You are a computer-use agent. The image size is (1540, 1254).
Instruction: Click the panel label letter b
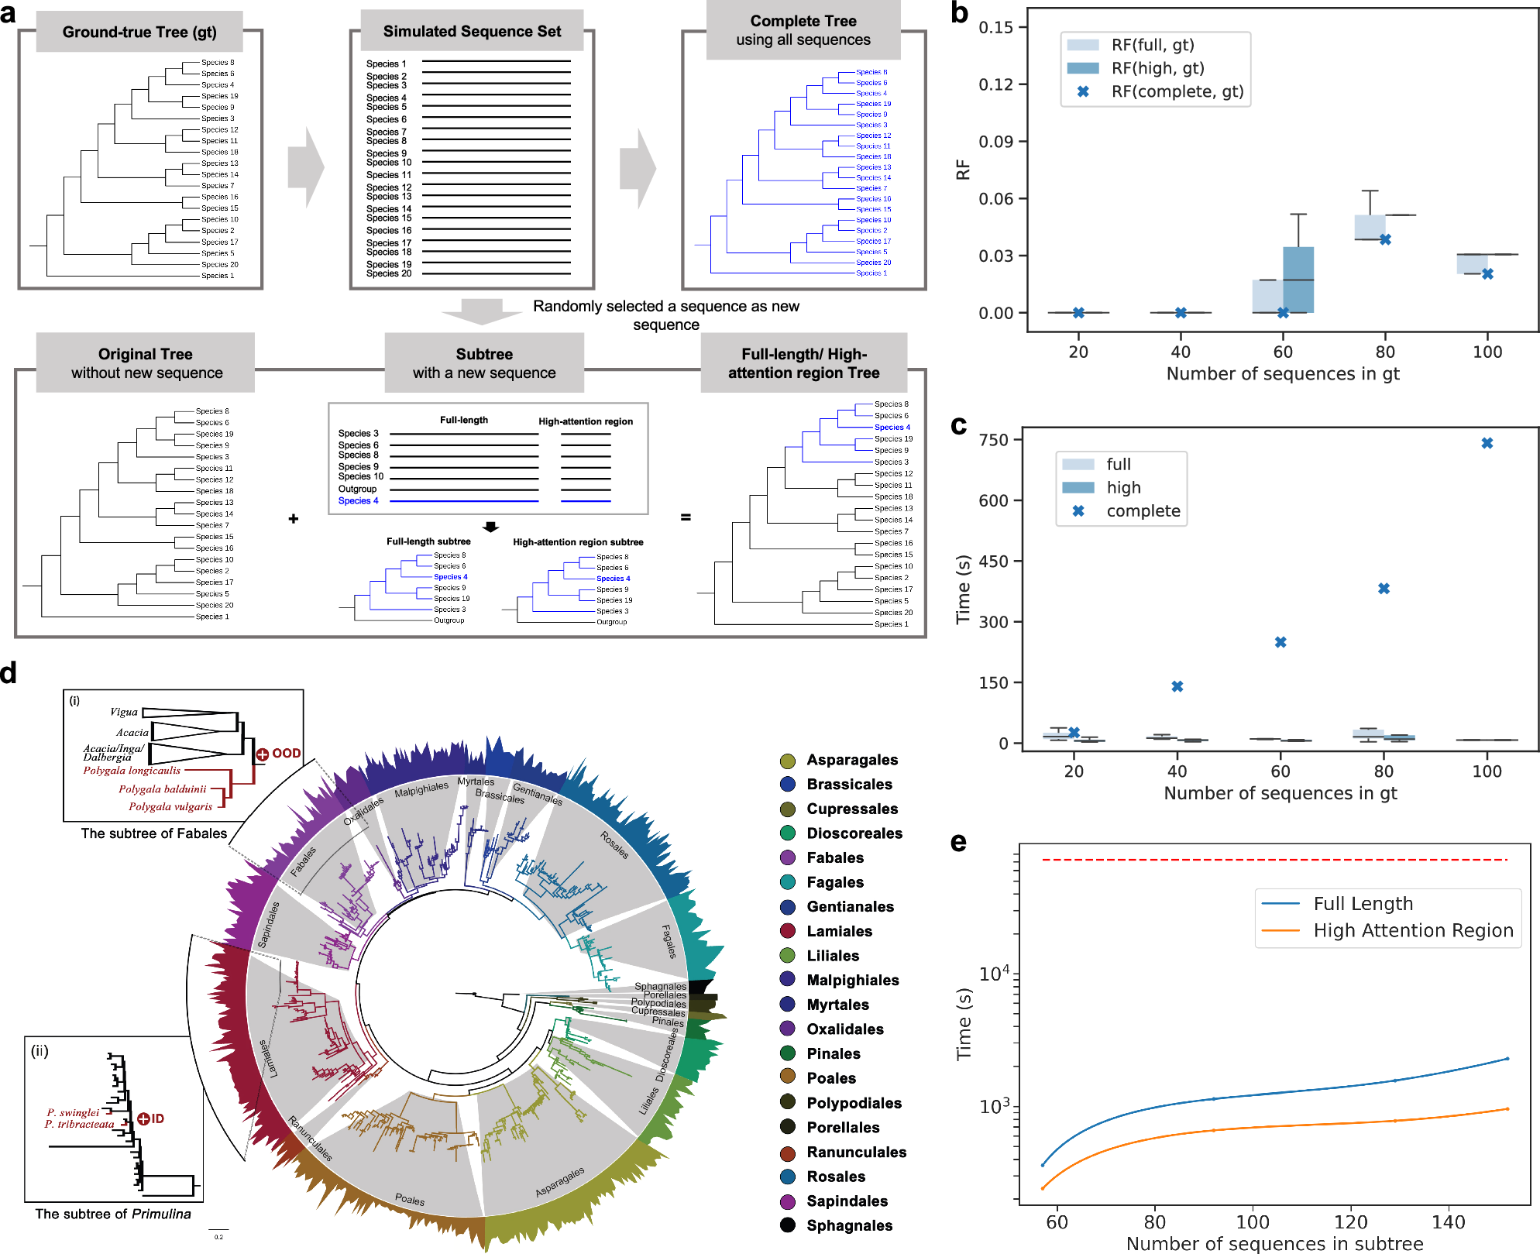tap(959, 13)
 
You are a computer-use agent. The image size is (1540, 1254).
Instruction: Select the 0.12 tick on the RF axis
tap(996, 84)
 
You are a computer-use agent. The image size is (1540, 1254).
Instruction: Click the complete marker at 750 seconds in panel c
tap(1487, 443)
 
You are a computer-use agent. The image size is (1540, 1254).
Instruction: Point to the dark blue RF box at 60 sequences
tap(1298, 280)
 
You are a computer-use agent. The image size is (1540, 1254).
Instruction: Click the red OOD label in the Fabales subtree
tap(286, 753)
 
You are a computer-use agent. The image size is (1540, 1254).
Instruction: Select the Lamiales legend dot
tap(788, 931)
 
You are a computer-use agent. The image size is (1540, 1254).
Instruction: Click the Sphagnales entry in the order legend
tap(849, 1225)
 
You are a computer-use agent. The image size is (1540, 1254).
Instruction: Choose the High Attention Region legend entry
tap(1412, 930)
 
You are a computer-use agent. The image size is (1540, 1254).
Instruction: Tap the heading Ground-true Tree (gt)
tap(139, 33)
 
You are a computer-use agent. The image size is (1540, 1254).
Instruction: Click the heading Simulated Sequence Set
tap(472, 32)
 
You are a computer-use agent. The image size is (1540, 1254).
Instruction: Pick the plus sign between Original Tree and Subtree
tap(294, 518)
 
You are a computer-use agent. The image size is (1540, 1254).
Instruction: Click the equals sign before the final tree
tap(686, 517)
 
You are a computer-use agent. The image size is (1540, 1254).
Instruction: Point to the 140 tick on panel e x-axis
tap(1448, 1222)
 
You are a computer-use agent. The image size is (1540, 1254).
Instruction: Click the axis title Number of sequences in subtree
tap(1274, 1244)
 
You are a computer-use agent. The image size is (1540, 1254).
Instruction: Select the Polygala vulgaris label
tap(170, 806)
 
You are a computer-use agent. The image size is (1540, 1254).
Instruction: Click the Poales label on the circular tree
tap(410, 1199)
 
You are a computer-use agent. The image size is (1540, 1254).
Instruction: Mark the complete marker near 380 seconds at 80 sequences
tap(1384, 589)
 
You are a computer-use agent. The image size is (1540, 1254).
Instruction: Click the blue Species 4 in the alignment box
tap(358, 501)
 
